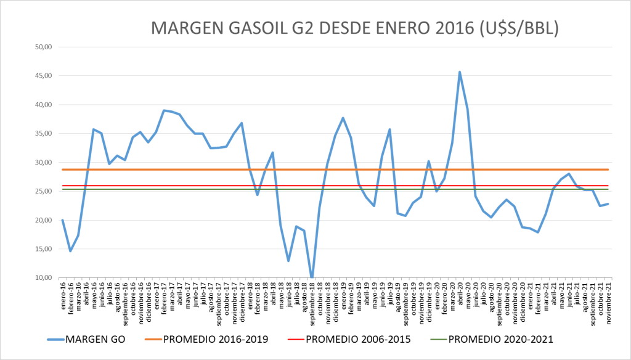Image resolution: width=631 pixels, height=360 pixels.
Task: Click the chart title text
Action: (x=355, y=28)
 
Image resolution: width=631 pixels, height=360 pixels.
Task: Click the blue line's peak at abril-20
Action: (x=460, y=72)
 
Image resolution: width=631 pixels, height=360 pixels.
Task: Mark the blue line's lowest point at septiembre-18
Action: (x=312, y=277)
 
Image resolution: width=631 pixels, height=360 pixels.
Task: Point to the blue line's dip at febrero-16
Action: (x=70, y=251)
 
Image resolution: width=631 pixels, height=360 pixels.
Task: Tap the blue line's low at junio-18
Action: (x=288, y=261)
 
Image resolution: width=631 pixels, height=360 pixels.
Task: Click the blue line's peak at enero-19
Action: (x=343, y=118)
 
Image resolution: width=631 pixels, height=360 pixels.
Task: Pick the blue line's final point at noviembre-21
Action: (x=608, y=204)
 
